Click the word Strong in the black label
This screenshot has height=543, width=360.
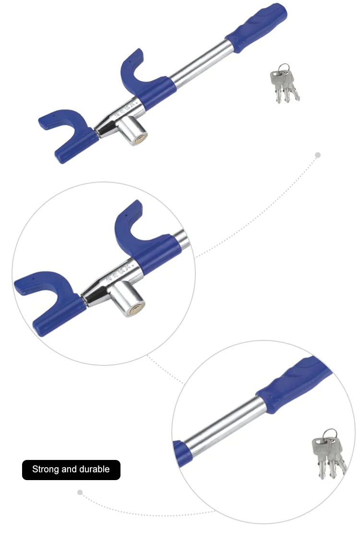tap(46, 469)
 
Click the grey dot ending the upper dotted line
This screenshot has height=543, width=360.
tap(317, 155)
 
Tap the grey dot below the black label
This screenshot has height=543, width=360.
tap(80, 492)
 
